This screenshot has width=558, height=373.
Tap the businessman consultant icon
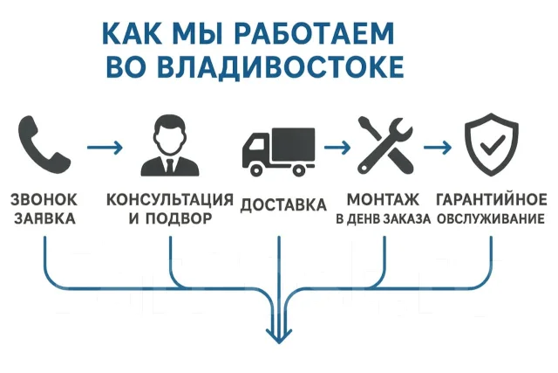tap(170, 146)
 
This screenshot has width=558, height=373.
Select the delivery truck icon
tap(279, 152)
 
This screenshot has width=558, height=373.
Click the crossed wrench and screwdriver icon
tap(385, 145)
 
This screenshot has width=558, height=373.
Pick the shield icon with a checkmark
tap(491, 144)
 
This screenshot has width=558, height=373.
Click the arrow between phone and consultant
tap(105, 148)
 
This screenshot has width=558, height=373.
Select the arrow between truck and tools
tap(337, 147)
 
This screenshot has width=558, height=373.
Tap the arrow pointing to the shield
tap(438, 147)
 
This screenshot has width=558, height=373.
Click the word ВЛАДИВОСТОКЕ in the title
tap(280, 66)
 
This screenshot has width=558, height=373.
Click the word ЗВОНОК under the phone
tap(44, 200)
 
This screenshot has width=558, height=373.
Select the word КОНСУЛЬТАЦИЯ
tap(170, 200)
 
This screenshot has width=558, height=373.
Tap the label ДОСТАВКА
tap(283, 205)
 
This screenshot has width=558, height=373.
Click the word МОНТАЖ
tap(384, 200)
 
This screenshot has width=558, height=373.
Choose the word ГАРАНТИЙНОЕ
tap(492, 199)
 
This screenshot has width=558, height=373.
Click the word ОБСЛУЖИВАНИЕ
tap(491, 218)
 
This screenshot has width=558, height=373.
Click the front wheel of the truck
tap(256, 170)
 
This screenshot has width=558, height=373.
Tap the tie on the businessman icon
tap(170, 166)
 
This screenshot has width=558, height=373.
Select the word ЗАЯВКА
tap(44, 218)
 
